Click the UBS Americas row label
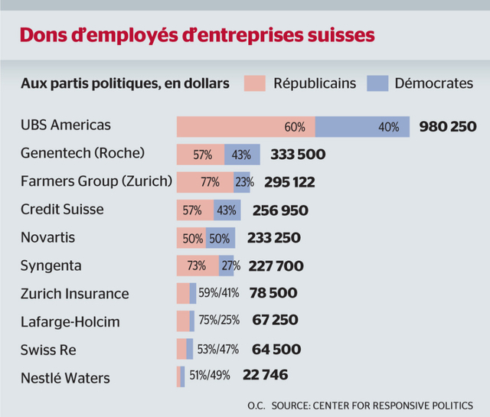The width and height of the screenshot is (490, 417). [x=66, y=125]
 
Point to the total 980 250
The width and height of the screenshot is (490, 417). [x=448, y=126]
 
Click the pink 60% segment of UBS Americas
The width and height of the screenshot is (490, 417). [x=246, y=126]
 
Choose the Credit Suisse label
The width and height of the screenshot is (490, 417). [x=62, y=210]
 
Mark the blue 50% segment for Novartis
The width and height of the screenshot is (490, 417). [x=220, y=238]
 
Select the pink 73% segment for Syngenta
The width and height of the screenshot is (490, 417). [x=198, y=266]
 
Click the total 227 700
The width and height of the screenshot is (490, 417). [x=276, y=266]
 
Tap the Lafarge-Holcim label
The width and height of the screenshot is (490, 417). [x=70, y=321]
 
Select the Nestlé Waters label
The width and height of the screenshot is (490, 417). [x=66, y=378]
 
